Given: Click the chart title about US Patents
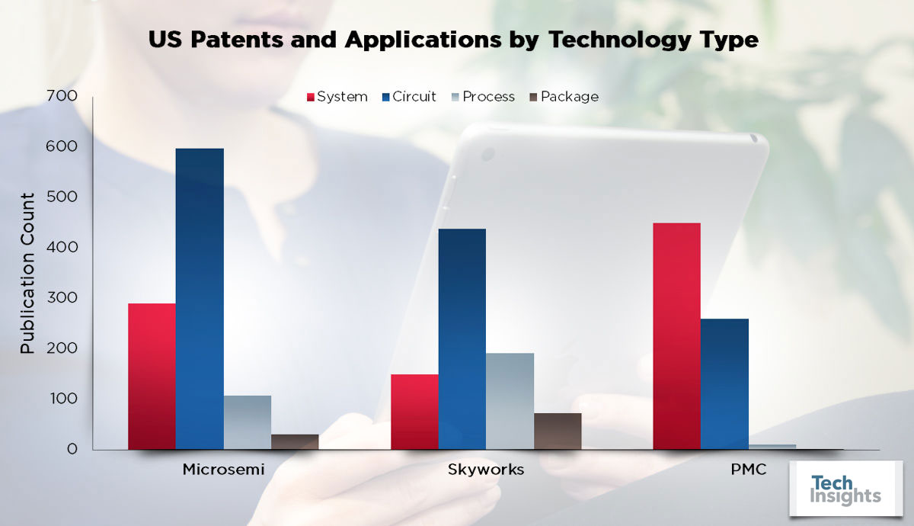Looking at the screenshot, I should [453, 40].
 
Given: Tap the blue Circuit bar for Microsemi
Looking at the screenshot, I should [200, 299].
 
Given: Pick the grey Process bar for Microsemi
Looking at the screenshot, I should [247, 422].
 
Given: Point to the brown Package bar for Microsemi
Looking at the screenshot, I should [295, 442].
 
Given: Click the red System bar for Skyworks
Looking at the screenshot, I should [414, 412].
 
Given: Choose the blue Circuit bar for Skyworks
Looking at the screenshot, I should [462, 339].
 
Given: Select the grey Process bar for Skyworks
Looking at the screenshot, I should [510, 401].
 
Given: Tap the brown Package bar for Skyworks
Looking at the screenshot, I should [558, 431].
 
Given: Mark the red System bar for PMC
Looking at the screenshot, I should [677, 336].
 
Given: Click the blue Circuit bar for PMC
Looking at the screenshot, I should [724, 384].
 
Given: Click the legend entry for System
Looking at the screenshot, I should [336, 97].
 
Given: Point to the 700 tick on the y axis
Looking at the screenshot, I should [62, 96].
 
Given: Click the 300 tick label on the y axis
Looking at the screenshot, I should [62, 298].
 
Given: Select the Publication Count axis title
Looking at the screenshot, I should [27, 273].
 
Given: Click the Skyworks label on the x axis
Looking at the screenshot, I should [486, 470].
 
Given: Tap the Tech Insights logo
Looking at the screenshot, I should [845, 489].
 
